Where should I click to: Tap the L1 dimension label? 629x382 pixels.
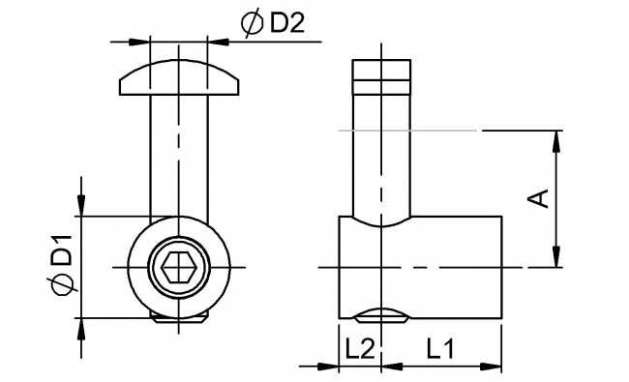click(x=436, y=350)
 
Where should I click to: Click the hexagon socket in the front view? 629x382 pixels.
click(x=178, y=265)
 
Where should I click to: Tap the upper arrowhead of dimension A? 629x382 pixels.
click(x=555, y=139)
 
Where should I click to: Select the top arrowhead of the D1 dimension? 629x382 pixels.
click(x=81, y=207)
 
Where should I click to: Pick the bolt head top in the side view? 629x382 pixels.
click(x=382, y=72)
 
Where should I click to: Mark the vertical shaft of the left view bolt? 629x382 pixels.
click(x=178, y=155)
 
